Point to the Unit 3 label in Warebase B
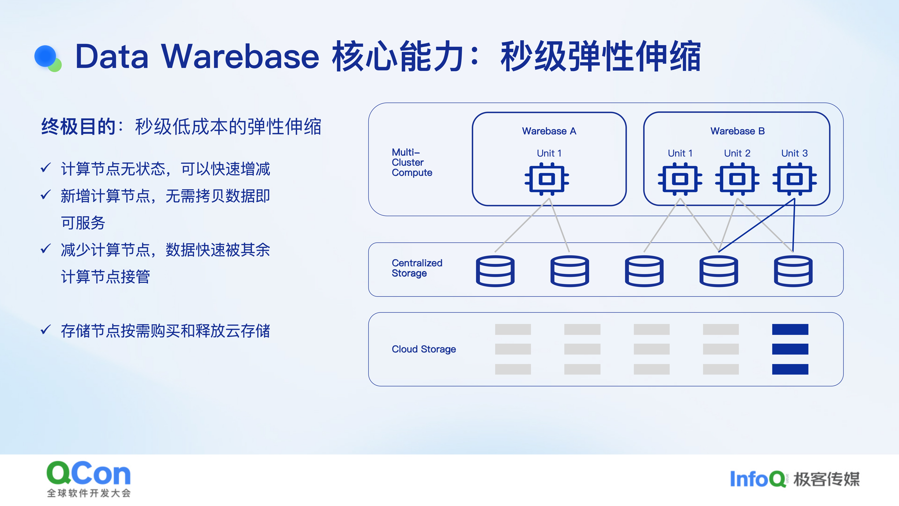(x=794, y=153)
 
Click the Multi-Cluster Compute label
(x=412, y=162)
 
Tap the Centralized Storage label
(x=417, y=268)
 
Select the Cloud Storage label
(x=424, y=349)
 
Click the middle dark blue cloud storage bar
(x=790, y=349)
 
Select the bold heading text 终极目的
(x=78, y=126)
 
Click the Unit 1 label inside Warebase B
(x=680, y=153)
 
